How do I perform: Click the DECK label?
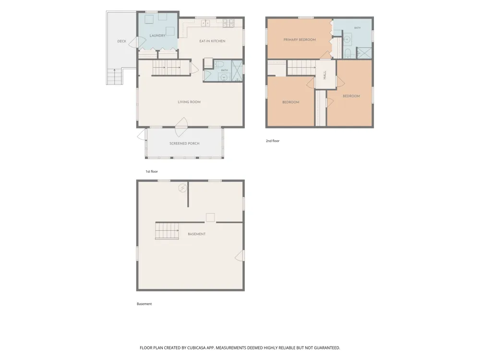pos(121,41)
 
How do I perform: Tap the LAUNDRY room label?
pos(157,36)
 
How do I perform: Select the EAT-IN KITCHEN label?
pos(212,41)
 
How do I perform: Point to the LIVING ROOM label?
pos(189,102)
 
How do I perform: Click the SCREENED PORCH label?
pos(184,143)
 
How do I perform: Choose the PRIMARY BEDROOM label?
pos(300,40)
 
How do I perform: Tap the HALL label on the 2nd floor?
pos(325,75)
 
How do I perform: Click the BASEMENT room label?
pos(196,234)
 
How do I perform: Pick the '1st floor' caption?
pos(152,171)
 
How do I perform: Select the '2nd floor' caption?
pos(273,141)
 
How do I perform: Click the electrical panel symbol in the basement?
pos(182,188)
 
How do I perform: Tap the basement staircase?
pos(167,231)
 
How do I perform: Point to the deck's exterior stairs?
pos(115,76)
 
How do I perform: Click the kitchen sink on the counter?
pos(205,23)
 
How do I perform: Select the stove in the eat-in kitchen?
pos(228,23)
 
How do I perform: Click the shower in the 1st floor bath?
pos(237,71)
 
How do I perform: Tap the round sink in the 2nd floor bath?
pos(347,39)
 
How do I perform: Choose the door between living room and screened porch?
pos(181,127)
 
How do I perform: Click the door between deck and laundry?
pos(137,42)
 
